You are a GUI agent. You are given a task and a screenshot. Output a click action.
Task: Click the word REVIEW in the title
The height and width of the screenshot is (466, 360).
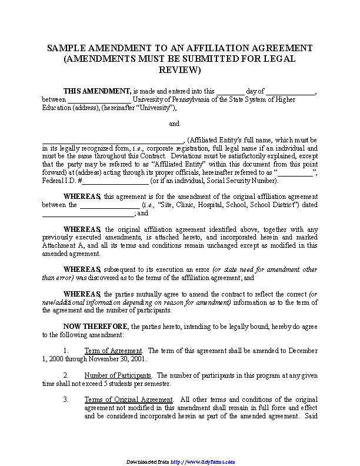click(180, 69)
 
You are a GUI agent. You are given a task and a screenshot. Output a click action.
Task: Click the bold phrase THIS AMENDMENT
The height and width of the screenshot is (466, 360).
click(97, 91)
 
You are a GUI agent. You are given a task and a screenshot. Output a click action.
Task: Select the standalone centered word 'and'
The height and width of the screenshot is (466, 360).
click(174, 124)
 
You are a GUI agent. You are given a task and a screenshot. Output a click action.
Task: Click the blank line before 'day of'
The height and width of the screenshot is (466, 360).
click(230, 92)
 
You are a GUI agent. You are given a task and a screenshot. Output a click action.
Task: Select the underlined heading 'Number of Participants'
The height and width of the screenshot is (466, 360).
click(118, 375)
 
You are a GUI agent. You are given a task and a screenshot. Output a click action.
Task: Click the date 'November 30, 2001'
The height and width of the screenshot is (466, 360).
click(116, 358)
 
